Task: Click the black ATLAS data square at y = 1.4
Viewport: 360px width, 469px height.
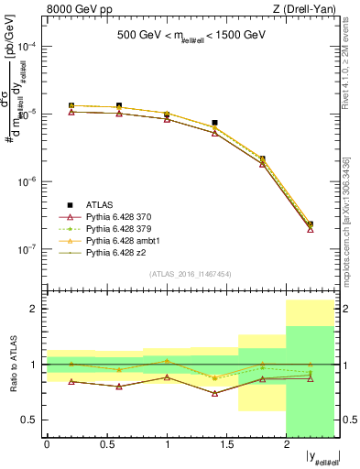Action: click(214, 123)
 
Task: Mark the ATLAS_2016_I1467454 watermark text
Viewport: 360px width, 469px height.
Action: click(190, 274)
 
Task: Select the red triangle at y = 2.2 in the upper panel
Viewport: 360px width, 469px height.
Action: click(311, 229)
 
